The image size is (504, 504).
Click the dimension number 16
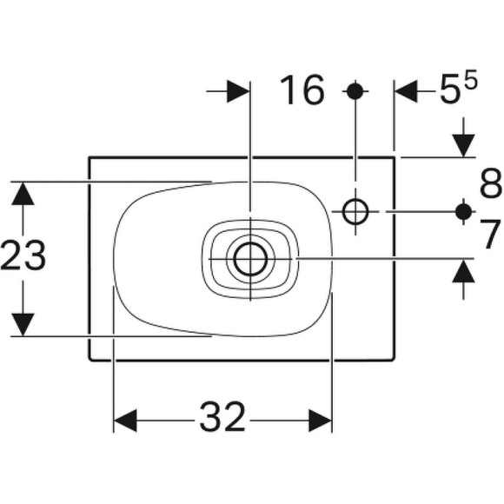click(x=302, y=90)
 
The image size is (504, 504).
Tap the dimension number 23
click(x=23, y=255)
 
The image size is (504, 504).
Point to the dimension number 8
click(x=491, y=183)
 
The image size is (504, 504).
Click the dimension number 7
click(x=491, y=234)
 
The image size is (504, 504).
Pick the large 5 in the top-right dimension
click(x=449, y=90)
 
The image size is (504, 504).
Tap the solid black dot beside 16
click(x=355, y=91)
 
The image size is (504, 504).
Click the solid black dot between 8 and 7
click(x=463, y=211)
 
